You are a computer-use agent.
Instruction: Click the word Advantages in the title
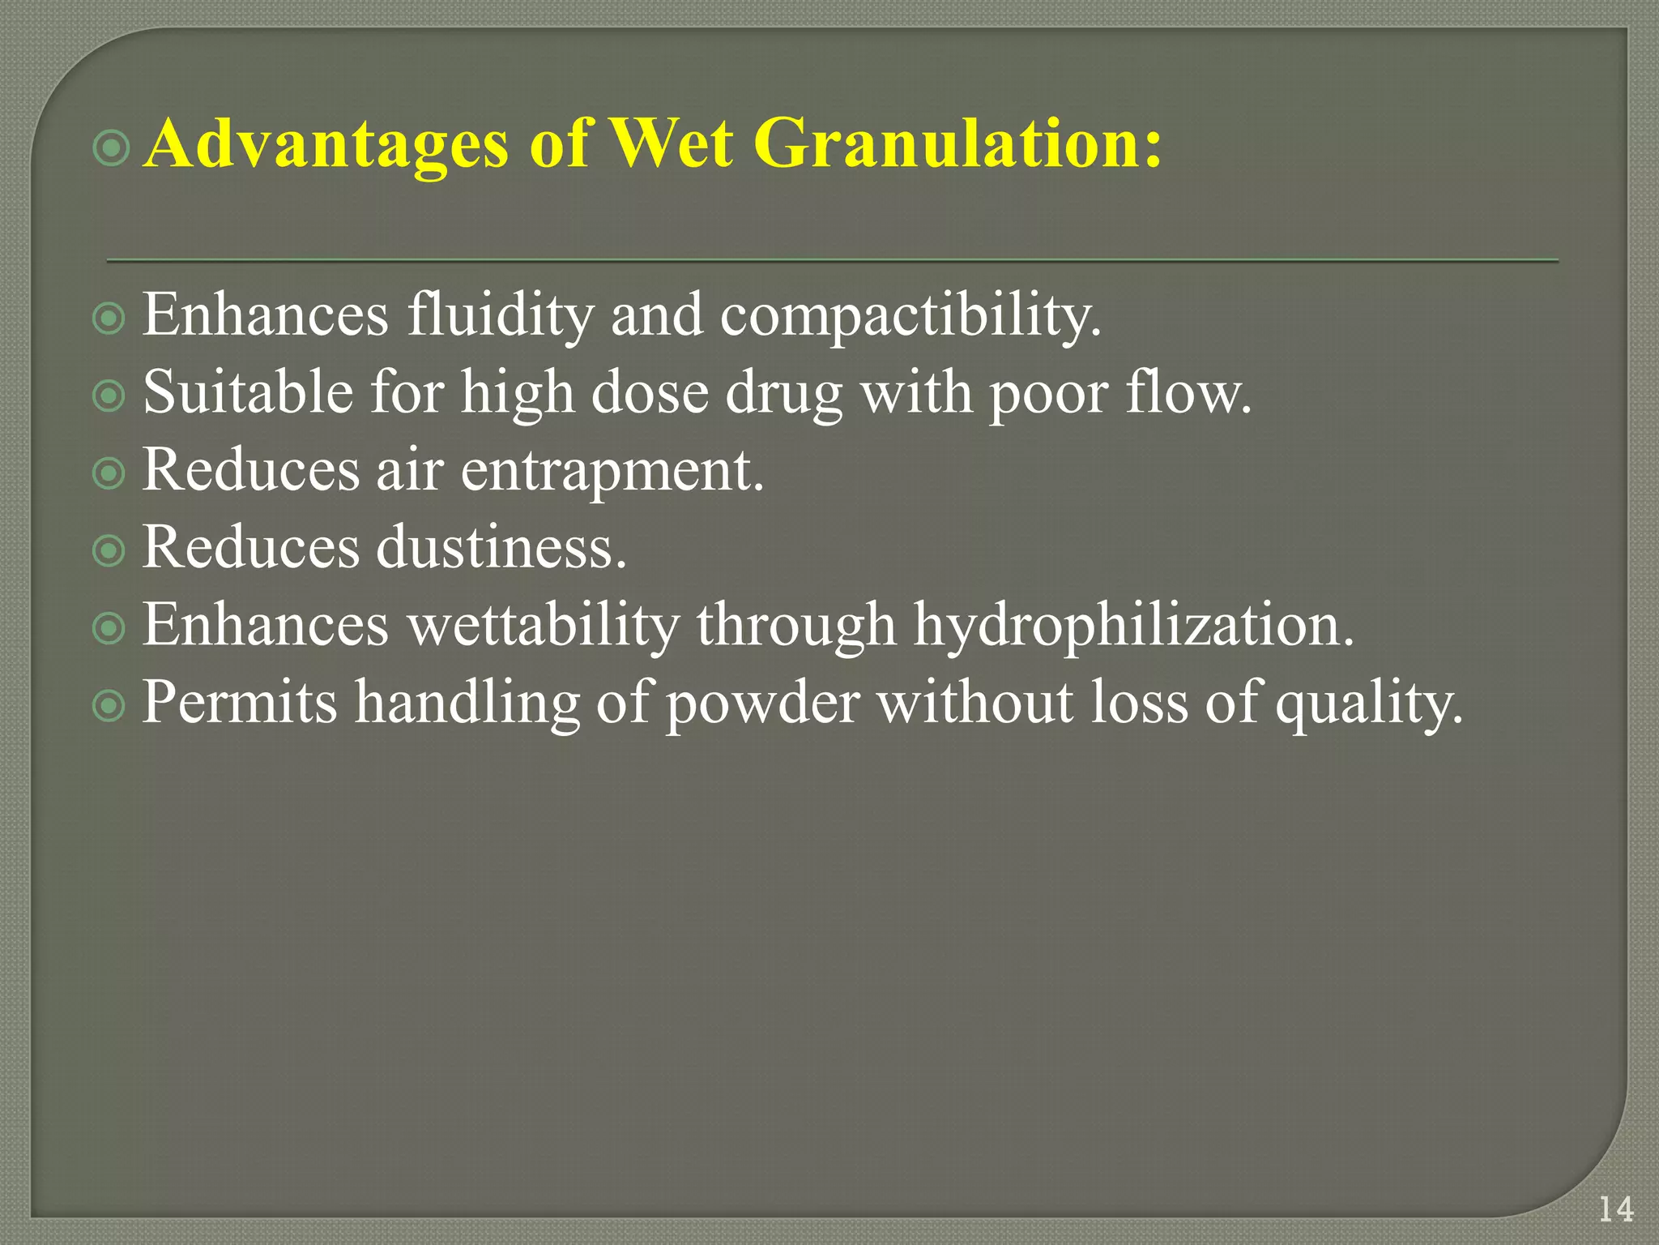[x=326, y=144]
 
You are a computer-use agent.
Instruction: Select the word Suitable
[x=248, y=392]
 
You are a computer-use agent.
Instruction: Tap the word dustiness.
[x=502, y=547]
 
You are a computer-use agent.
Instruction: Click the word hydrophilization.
[x=1133, y=626]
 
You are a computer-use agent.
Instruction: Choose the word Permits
[x=240, y=702]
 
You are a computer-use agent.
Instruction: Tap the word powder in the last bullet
[x=762, y=704]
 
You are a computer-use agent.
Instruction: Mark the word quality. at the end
[x=1369, y=704]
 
